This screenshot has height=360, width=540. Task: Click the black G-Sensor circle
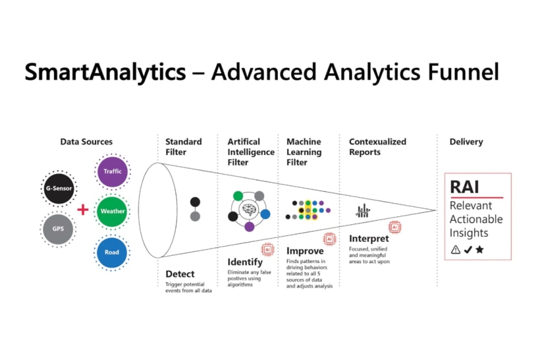pos(58,189)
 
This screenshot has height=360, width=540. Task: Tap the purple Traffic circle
pos(112,171)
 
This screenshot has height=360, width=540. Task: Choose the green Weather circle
pos(112,211)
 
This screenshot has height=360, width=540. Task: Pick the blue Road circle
pos(112,252)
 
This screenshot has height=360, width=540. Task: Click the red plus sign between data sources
pos(84,209)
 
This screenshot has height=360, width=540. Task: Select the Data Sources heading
pos(86,142)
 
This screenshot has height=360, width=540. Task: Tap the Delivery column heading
pos(466,142)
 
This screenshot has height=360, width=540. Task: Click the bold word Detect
pos(180,274)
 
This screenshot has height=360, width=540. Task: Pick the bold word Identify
pos(245,262)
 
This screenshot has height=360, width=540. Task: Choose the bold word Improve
pos(305,251)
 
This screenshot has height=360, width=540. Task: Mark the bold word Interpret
pos(369,239)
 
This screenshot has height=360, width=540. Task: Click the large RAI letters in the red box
pos(464,187)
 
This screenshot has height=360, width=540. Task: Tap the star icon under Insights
pos(480,250)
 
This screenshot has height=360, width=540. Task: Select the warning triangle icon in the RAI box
pos(455,250)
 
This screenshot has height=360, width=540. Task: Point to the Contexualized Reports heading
pos(377,147)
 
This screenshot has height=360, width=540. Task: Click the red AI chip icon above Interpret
pos(394,227)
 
